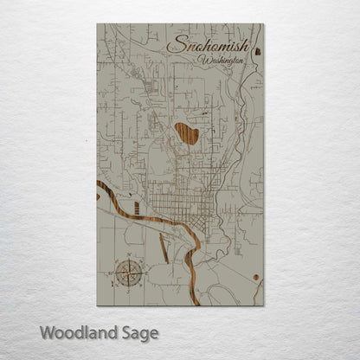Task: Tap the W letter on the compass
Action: (x=114, y=274)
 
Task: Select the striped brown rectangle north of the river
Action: (x=136, y=207)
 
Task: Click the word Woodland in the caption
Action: (x=72, y=331)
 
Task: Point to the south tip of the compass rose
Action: (x=129, y=287)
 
